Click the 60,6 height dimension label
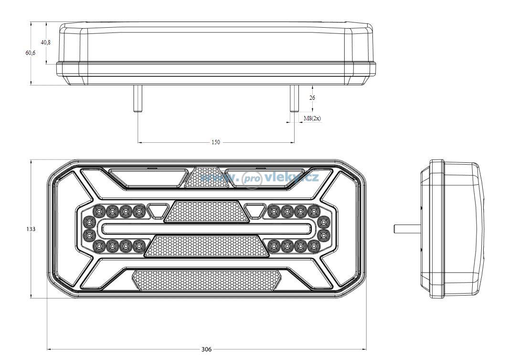pos(31,53)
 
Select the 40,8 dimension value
pos(46,42)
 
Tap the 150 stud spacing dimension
pos(215,142)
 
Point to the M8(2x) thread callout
pos(312,118)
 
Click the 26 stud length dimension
pos(312,97)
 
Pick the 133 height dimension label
pos(31,229)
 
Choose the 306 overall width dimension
pos(206,349)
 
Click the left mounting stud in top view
pos(138,98)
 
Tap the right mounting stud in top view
pos(294,98)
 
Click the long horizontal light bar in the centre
pos(207,228)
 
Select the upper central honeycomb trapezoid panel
pos(207,212)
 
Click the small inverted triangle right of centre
pos(254,211)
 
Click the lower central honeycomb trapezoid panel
pos(207,246)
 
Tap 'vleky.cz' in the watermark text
pos(291,178)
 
